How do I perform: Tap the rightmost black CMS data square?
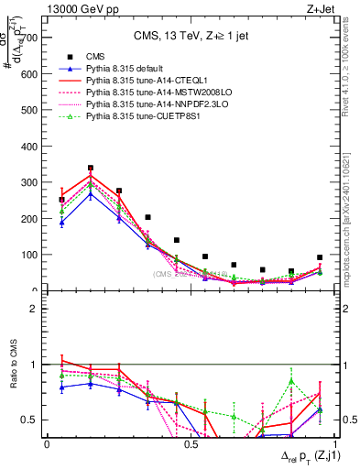pyautogui.click(x=320, y=257)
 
